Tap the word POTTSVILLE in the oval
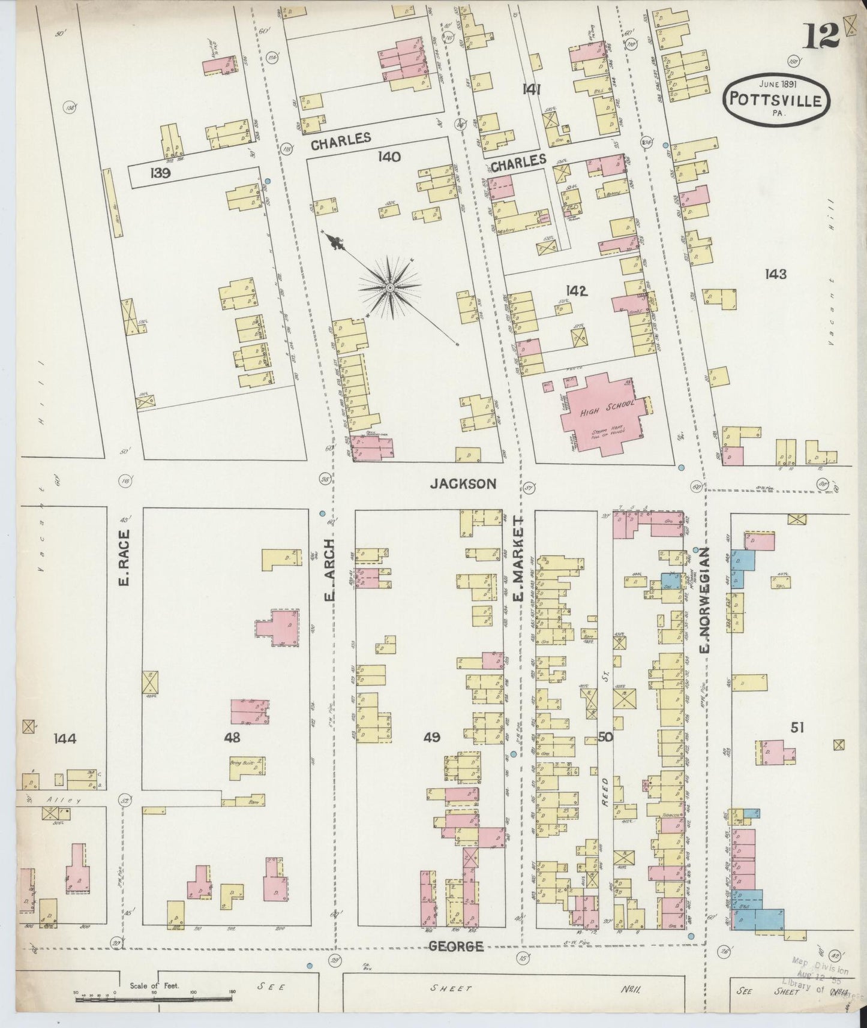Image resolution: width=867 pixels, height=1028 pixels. coord(779,100)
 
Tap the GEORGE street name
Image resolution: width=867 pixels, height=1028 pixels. coord(456,946)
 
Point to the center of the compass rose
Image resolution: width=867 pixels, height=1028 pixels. coord(390,288)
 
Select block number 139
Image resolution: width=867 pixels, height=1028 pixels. coord(161,175)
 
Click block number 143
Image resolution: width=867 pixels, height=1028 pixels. coord(775,274)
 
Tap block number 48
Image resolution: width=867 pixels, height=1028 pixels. coord(232,738)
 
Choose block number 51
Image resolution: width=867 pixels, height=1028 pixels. coord(797,728)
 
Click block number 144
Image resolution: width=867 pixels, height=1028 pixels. coord(64,738)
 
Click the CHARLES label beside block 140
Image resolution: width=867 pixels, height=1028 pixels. coord(340,139)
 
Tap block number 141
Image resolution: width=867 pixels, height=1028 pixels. coord(532,90)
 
